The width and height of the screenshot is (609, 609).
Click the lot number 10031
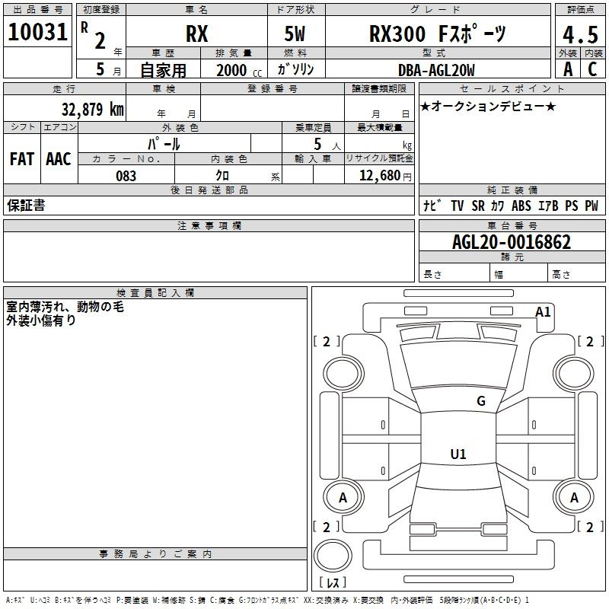pyautogui.click(x=38, y=32)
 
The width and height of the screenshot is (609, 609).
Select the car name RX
pyautogui.click(x=196, y=33)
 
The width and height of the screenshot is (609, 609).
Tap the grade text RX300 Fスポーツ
pyautogui.click(x=437, y=33)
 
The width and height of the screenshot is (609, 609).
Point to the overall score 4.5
pyautogui.click(x=579, y=34)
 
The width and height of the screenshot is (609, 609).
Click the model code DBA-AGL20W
pyautogui.click(x=436, y=71)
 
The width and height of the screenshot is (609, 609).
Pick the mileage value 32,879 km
pyautogui.click(x=92, y=109)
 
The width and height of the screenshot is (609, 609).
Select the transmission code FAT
pyautogui.click(x=22, y=159)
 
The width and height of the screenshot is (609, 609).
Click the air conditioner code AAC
pyautogui.click(x=59, y=159)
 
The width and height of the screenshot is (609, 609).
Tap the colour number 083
pyautogui.click(x=126, y=176)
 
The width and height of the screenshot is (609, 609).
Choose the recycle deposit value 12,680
pyautogui.click(x=378, y=176)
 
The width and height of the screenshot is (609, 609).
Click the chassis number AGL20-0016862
pyautogui.click(x=511, y=242)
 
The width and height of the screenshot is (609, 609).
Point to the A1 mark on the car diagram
pyautogui.click(x=544, y=311)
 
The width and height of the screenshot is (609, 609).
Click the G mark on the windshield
pyautogui.click(x=480, y=401)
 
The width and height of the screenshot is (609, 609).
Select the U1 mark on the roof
pyautogui.click(x=458, y=454)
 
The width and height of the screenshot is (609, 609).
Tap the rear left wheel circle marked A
pyautogui.click(x=343, y=497)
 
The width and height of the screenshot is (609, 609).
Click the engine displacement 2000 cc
pyautogui.click(x=237, y=71)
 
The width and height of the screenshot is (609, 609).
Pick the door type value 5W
pyautogui.click(x=295, y=33)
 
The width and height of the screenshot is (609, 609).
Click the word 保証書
pyautogui.click(x=26, y=206)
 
